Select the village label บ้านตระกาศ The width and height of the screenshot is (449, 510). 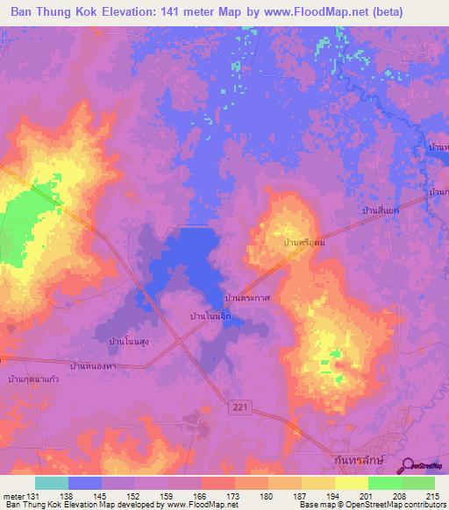click(246, 299)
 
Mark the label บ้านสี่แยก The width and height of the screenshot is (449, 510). click(381, 211)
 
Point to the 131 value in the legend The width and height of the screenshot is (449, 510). click(32, 495)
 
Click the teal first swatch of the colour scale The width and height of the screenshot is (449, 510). click(51, 483)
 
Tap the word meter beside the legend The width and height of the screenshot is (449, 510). click(11, 495)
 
